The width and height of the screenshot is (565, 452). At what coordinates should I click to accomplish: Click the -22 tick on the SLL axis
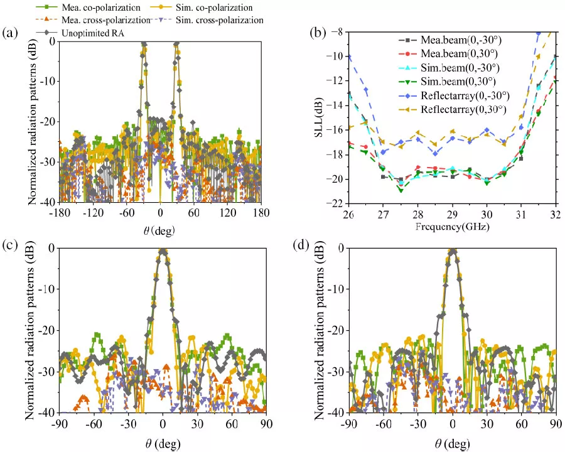coord(338,204)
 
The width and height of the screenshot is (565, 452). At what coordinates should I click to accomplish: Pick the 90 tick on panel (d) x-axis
coord(555,423)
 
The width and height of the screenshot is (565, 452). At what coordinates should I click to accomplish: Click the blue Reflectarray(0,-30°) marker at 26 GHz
coord(348,58)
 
